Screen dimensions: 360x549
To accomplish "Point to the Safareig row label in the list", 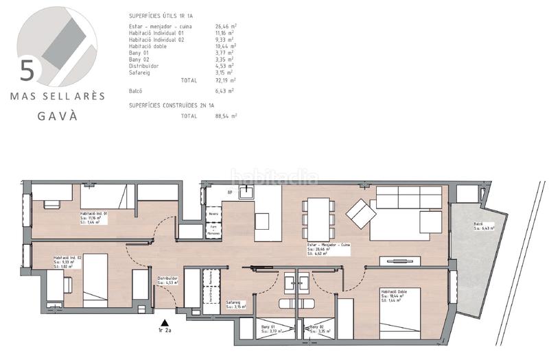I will point(141,72).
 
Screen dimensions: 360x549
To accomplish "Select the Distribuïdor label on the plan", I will point(168,278).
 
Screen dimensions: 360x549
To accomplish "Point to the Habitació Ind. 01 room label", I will point(95,214).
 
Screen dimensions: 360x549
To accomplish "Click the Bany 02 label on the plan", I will point(316,328).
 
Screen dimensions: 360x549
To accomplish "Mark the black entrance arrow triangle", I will point(164,322).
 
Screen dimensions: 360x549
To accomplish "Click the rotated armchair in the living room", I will point(361,213).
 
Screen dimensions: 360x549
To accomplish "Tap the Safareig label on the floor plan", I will point(233,302).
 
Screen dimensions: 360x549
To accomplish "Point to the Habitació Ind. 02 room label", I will point(68,259).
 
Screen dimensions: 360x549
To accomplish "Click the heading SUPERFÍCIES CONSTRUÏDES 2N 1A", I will point(172,105).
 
